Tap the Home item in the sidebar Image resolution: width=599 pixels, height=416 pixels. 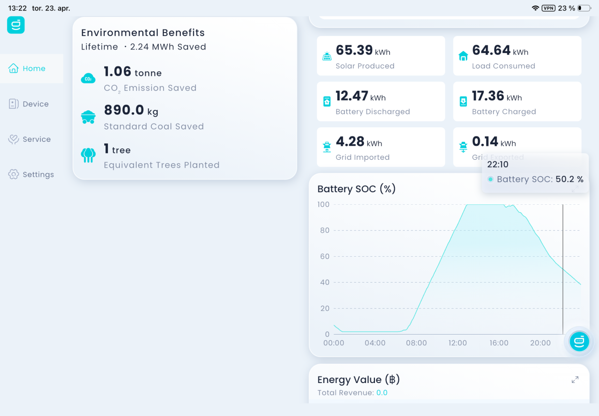(x=27, y=68)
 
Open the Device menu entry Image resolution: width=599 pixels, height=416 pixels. (x=28, y=104)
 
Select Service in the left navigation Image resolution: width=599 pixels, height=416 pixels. (x=29, y=139)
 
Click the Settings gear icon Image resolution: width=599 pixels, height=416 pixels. (x=13, y=174)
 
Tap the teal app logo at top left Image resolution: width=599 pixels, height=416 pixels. (x=16, y=25)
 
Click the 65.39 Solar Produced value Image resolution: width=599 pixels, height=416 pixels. (x=354, y=50)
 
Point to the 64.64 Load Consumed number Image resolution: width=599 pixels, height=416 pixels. (x=491, y=50)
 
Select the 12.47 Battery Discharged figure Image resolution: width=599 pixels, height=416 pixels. (x=351, y=96)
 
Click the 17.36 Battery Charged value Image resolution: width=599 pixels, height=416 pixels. (x=488, y=96)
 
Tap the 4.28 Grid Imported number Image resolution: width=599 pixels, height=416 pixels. (x=350, y=141)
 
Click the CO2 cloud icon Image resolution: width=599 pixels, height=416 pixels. (x=88, y=78)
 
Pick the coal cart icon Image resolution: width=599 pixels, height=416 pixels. (x=88, y=117)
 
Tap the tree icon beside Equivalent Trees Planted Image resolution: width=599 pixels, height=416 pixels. (x=88, y=155)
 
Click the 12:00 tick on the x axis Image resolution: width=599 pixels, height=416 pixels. (x=458, y=343)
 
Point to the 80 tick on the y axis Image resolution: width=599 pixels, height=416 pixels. (x=324, y=230)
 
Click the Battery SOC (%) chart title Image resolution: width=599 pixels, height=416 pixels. (x=356, y=189)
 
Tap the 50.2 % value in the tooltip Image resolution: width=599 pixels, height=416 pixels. (x=570, y=179)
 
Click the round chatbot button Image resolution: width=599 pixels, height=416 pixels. (x=579, y=341)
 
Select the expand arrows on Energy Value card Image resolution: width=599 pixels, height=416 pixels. (x=575, y=380)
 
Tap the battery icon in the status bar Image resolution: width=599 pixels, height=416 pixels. (x=585, y=8)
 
